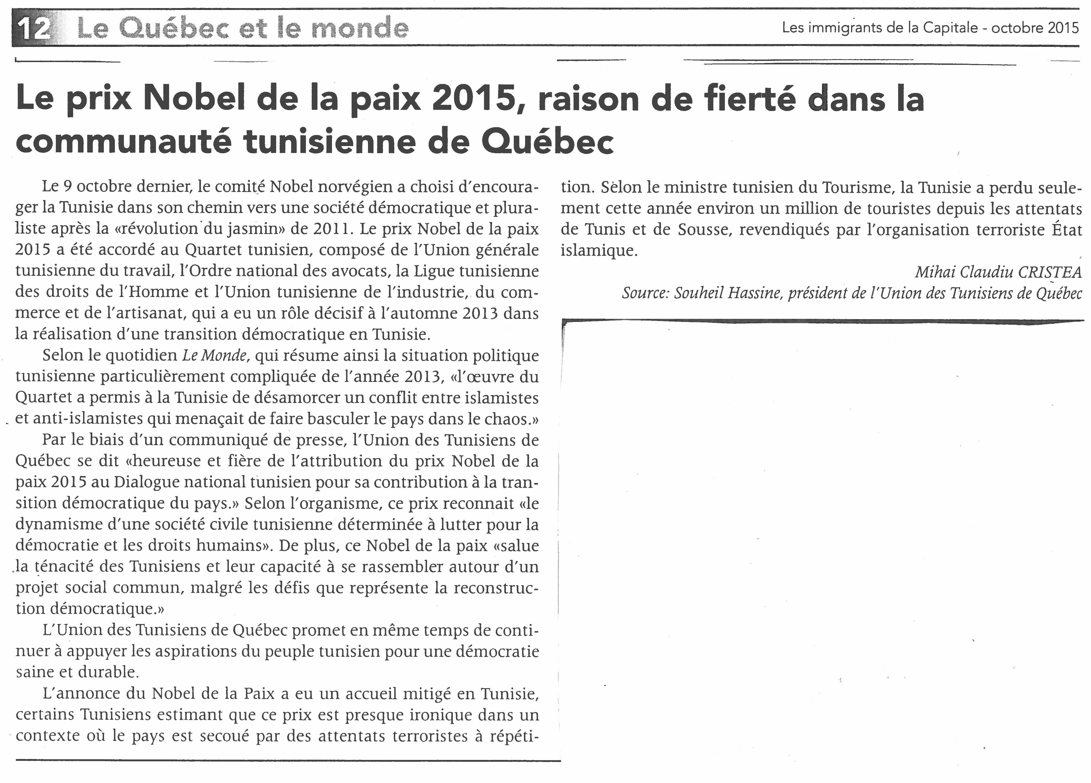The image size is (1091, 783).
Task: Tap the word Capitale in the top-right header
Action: (950, 28)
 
